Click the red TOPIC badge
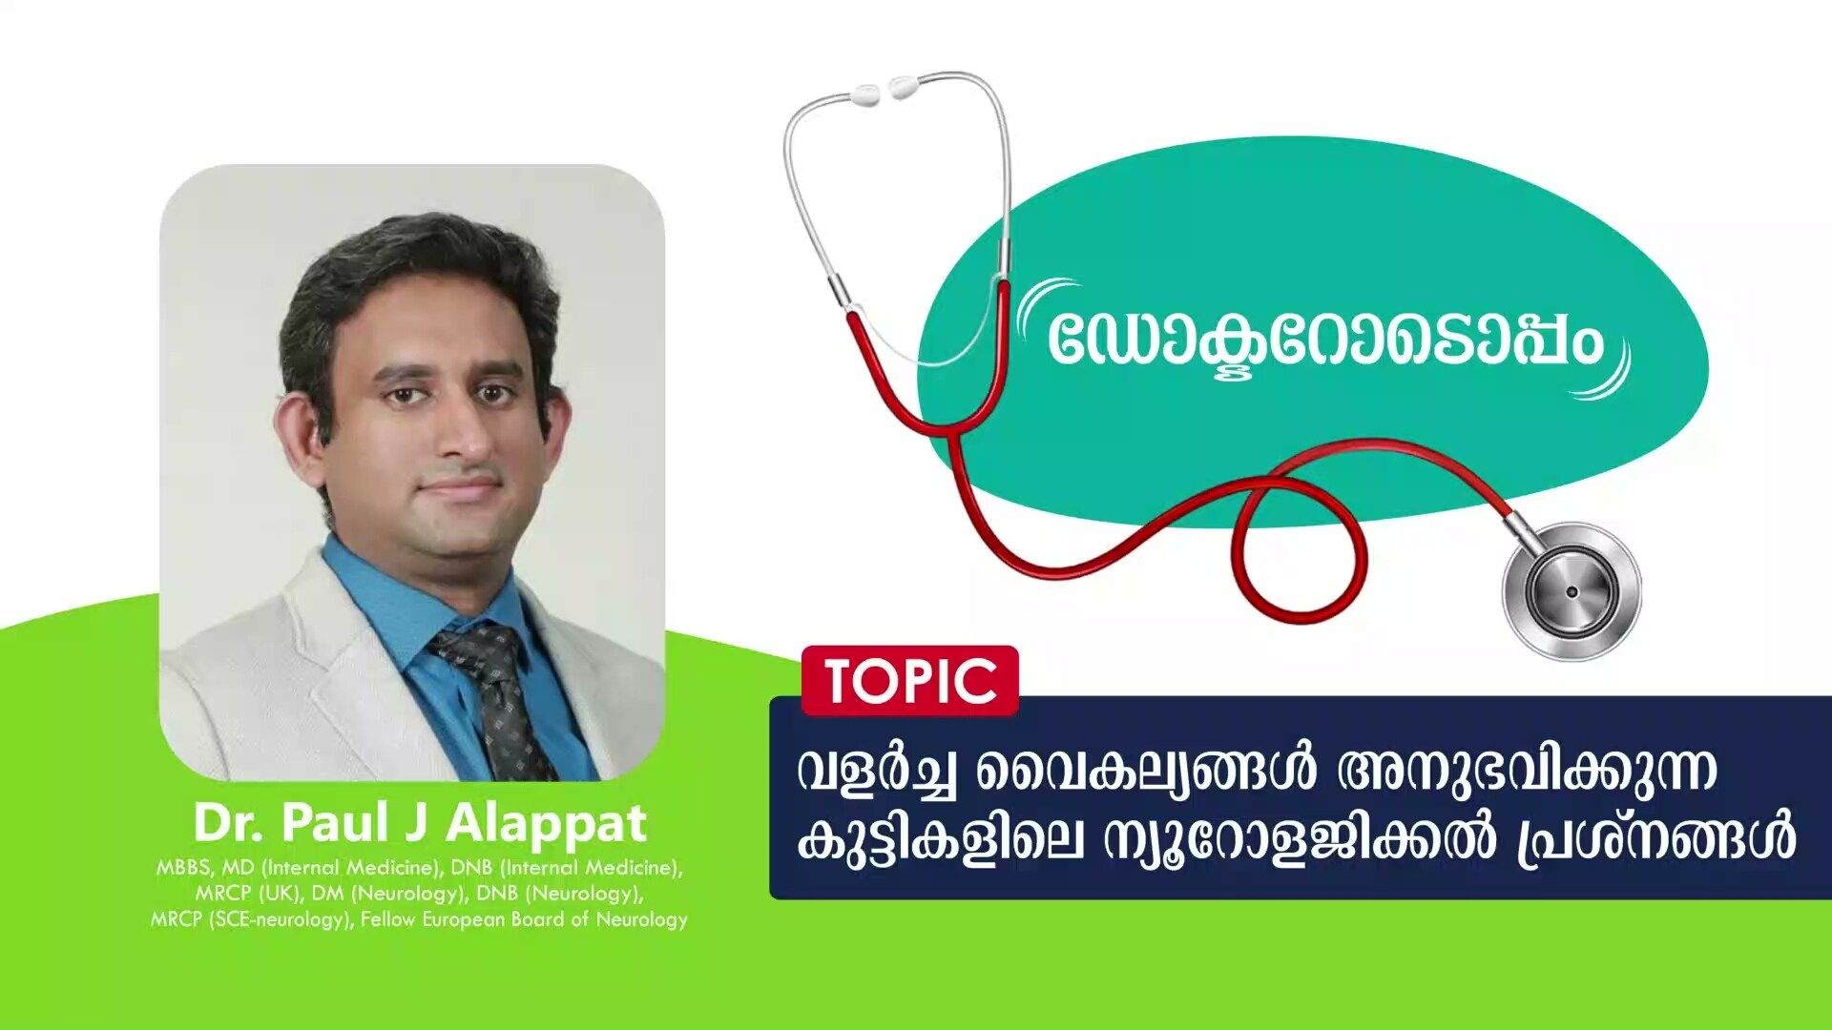(x=910, y=681)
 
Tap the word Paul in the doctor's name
(x=335, y=822)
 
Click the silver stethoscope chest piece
(x=1571, y=591)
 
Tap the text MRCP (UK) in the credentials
(x=247, y=894)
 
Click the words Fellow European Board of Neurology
(x=524, y=919)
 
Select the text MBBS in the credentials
(x=184, y=868)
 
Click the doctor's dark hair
(x=410, y=257)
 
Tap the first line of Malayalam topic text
(x=1256, y=771)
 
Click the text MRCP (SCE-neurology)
(x=250, y=919)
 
